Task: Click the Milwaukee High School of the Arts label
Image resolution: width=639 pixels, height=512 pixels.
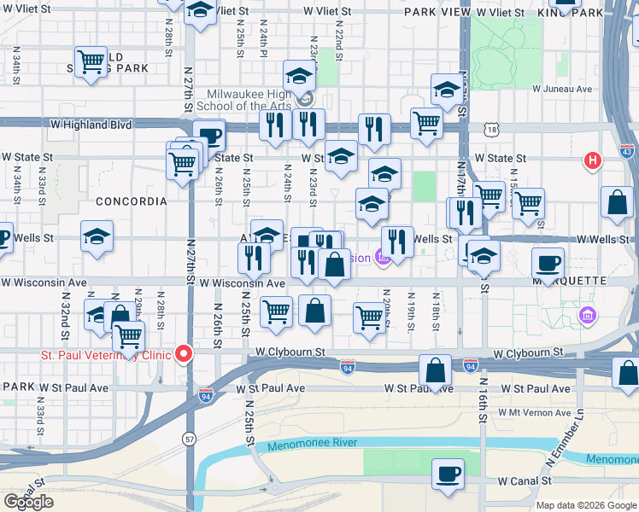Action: [249, 100]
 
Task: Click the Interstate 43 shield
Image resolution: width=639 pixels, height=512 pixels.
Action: [628, 151]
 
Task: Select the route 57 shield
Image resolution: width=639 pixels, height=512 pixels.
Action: [187, 439]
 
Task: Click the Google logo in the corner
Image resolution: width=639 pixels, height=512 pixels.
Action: [28, 502]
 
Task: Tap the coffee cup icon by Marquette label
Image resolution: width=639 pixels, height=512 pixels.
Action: [548, 262]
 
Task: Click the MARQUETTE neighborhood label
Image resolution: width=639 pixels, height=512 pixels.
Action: [570, 281]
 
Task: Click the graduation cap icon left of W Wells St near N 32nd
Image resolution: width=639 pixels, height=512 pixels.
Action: [97, 236]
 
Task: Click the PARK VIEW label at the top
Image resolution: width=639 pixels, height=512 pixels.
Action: [435, 13]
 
